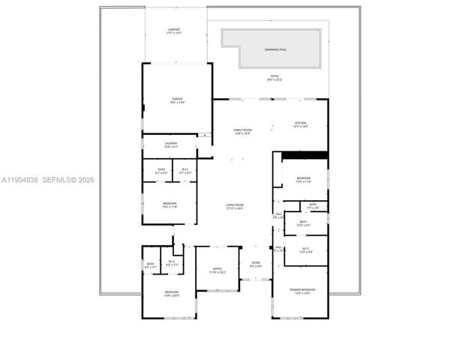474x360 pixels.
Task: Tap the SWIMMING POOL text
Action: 275,49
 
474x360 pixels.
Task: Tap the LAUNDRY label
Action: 171,145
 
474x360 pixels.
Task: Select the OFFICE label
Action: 217,270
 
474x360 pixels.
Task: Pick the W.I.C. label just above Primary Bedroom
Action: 305,250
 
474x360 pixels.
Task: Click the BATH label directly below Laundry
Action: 161,171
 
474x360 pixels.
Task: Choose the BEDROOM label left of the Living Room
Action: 170,204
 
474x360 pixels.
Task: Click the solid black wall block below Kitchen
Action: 304,155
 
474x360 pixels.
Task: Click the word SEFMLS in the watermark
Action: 55,180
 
